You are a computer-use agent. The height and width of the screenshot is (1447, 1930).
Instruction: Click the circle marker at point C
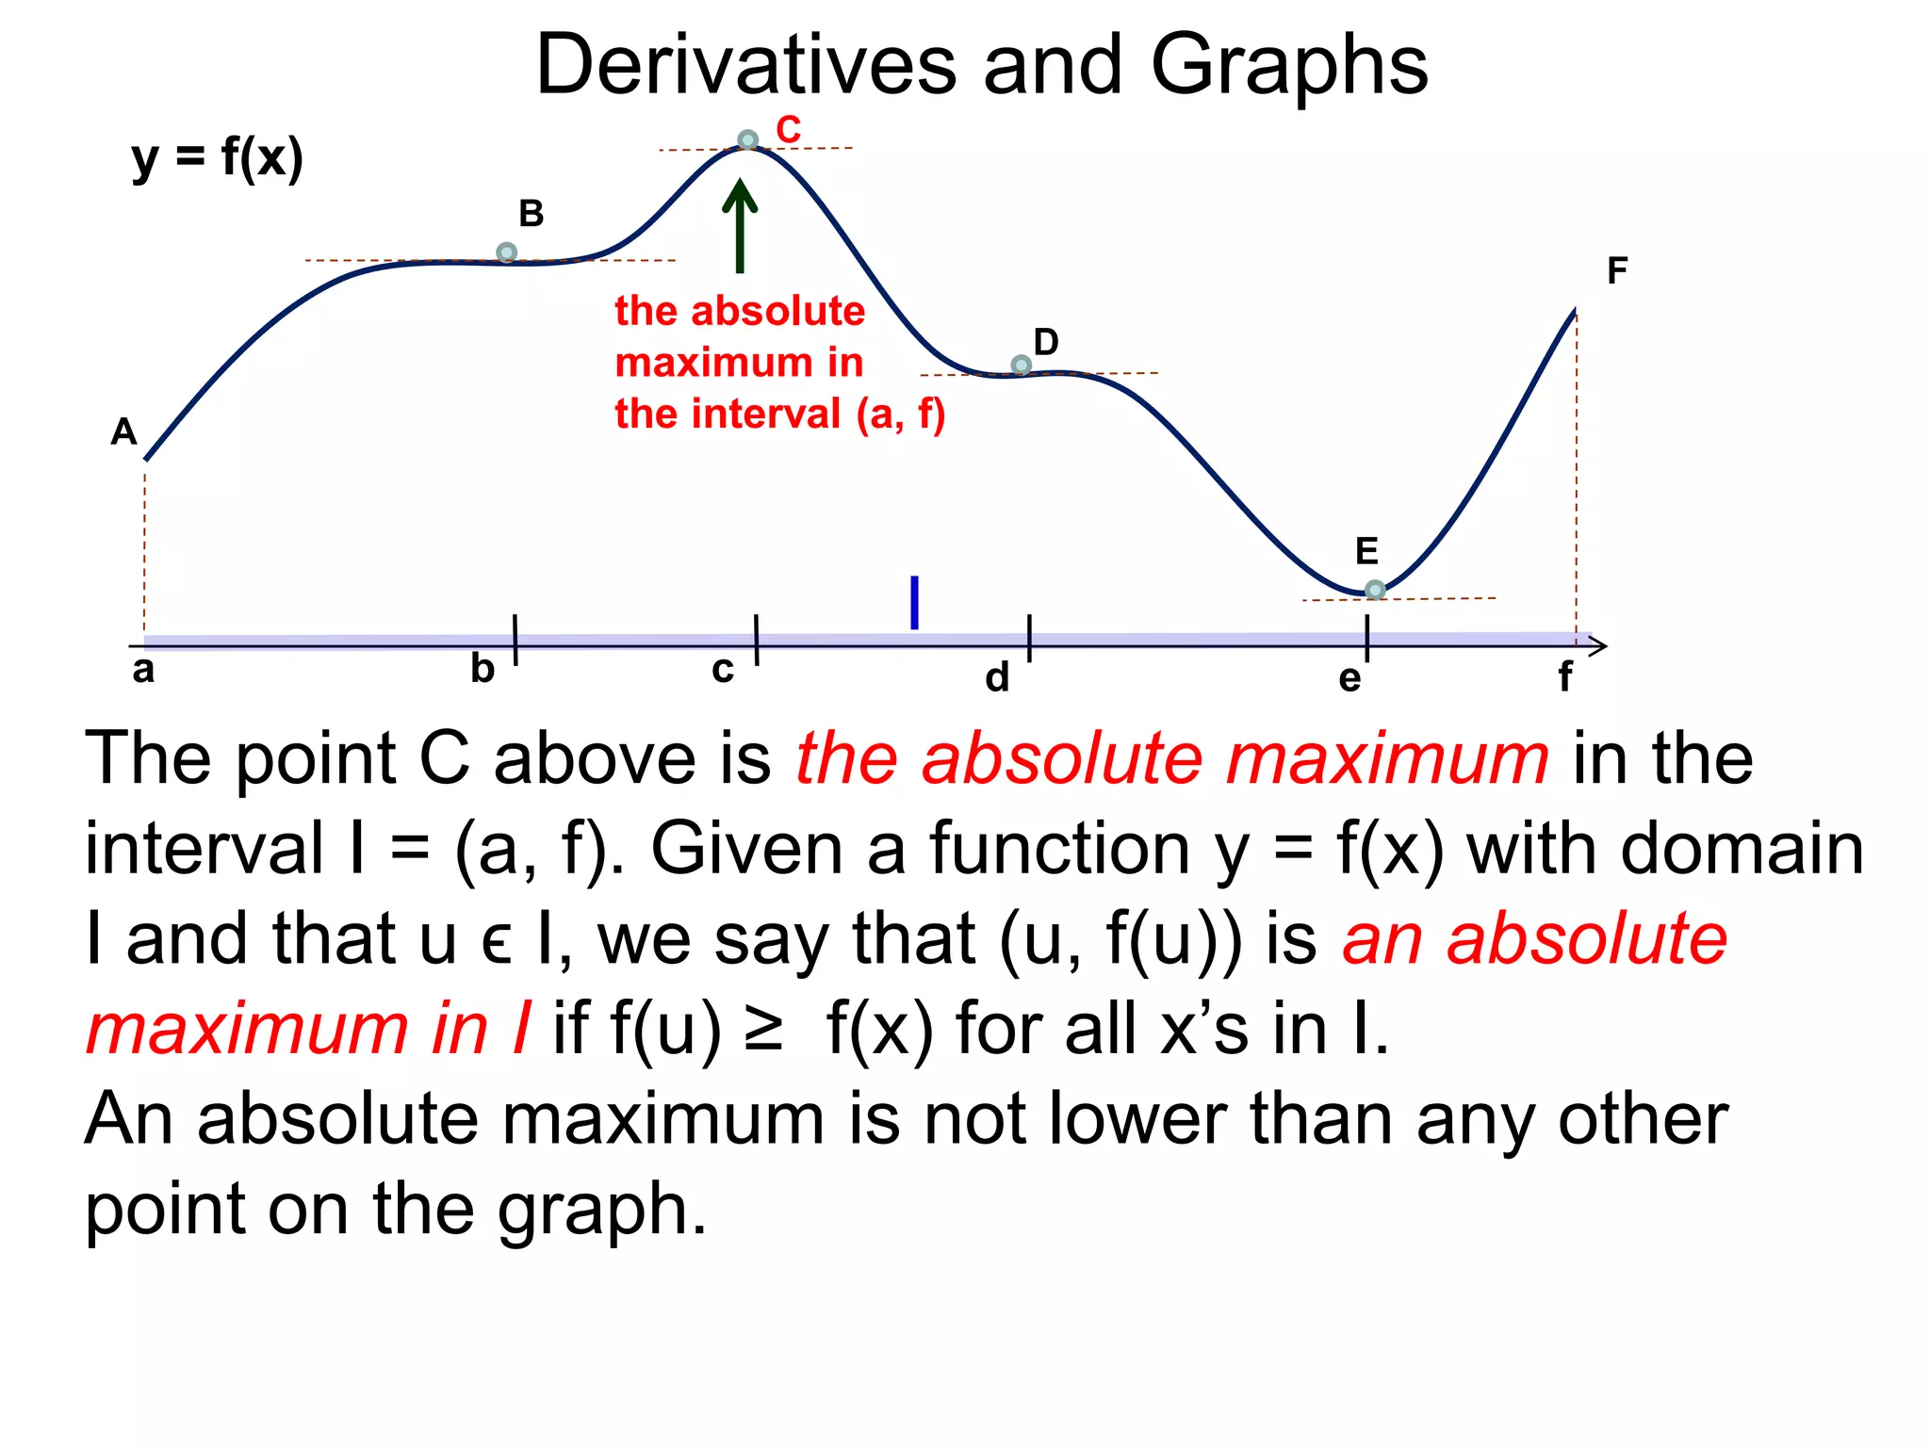pyautogui.click(x=747, y=140)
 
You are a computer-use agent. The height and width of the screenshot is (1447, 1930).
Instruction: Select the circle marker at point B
pyautogui.click(x=506, y=252)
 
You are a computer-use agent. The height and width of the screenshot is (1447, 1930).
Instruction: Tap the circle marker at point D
pyautogui.click(x=1021, y=365)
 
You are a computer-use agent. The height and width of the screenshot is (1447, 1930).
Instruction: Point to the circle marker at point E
pyautogui.click(x=1375, y=590)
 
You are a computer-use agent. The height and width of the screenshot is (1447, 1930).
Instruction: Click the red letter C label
pyautogui.click(x=788, y=130)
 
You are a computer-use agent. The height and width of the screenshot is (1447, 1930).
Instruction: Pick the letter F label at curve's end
pyautogui.click(x=1617, y=271)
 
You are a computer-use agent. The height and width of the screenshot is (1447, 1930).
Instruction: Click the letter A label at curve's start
pyautogui.click(x=123, y=432)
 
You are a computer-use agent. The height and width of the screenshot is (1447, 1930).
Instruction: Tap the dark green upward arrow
pyautogui.click(x=740, y=226)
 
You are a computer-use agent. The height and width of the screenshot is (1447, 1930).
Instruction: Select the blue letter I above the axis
pyautogui.click(x=914, y=602)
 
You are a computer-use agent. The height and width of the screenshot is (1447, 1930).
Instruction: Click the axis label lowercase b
pyautogui.click(x=482, y=669)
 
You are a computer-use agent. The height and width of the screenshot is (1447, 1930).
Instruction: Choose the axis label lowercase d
pyautogui.click(x=997, y=677)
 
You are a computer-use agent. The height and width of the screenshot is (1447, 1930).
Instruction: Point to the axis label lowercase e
pyautogui.click(x=1349, y=678)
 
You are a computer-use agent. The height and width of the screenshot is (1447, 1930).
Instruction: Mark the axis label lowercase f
pyautogui.click(x=1564, y=676)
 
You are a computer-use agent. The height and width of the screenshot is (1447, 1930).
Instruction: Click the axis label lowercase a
pyautogui.click(x=143, y=670)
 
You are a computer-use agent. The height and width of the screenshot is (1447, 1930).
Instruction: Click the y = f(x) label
pyautogui.click(x=218, y=157)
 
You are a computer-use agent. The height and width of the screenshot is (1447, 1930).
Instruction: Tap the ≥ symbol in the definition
pyautogui.click(x=762, y=1029)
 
